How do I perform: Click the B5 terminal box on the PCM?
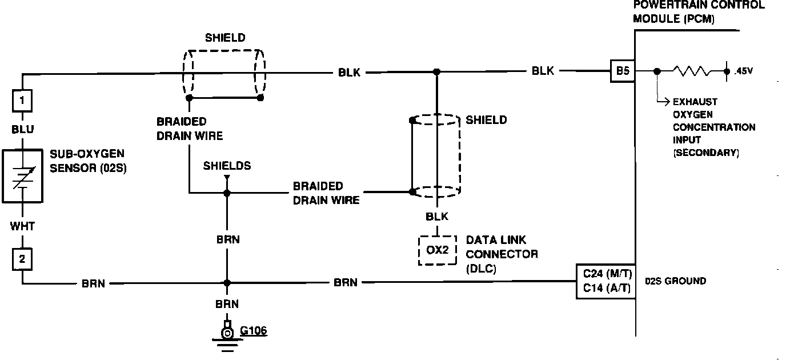(x=623, y=71)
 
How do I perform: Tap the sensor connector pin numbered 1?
(x=22, y=101)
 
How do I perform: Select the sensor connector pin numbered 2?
(x=22, y=259)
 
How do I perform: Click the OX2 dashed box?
(x=437, y=250)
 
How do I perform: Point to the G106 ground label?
(x=254, y=330)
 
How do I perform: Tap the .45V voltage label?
(x=743, y=71)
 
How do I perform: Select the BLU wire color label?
(x=22, y=129)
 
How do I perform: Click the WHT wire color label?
(x=22, y=226)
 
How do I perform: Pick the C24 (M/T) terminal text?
(x=607, y=274)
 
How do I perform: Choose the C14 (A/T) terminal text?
(x=607, y=288)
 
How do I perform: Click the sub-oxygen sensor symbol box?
(x=22, y=176)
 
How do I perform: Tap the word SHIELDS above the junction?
(x=227, y=166)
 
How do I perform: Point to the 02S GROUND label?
(x=675, y=281)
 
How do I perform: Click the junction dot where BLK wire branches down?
(x=436, y=72)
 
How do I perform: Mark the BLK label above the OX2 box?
(x=437, y=217)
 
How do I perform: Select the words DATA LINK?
(x=496, y=240)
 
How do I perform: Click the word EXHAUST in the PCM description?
(x=695, y=102)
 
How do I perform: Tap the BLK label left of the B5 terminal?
(x=543, y=71)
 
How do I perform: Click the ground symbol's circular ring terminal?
(x=227, y=333)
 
